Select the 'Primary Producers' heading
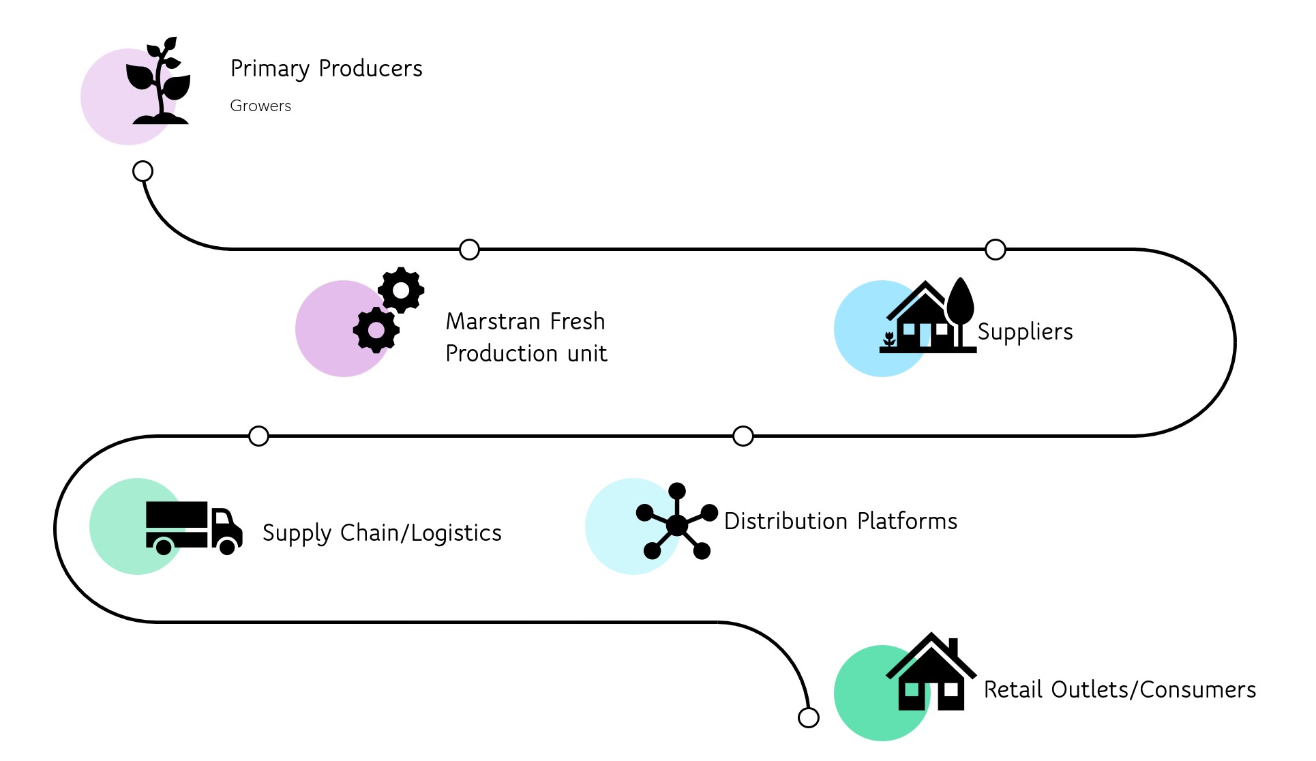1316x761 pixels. pos(326,69)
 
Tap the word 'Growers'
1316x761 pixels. pos(260,106)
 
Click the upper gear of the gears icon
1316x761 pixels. pos(401,290)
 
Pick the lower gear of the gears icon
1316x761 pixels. pos(376,330)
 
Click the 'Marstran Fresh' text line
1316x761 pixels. pos(525,321)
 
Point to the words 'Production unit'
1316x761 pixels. pos(526,354)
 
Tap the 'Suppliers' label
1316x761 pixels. pos(1025,332)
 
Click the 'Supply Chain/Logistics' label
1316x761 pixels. pos(382,533)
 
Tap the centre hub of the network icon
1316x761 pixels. pos(676,525)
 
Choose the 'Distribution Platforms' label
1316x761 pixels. pos(840,522)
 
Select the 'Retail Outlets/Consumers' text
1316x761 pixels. pos(1119,690)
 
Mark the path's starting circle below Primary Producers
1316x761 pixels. pos(143,171)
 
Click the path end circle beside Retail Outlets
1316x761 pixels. pos(808,717)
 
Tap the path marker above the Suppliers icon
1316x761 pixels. pos(995,250)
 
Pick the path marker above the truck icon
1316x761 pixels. pos(258,436)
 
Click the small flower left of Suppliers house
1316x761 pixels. pos(889,338)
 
